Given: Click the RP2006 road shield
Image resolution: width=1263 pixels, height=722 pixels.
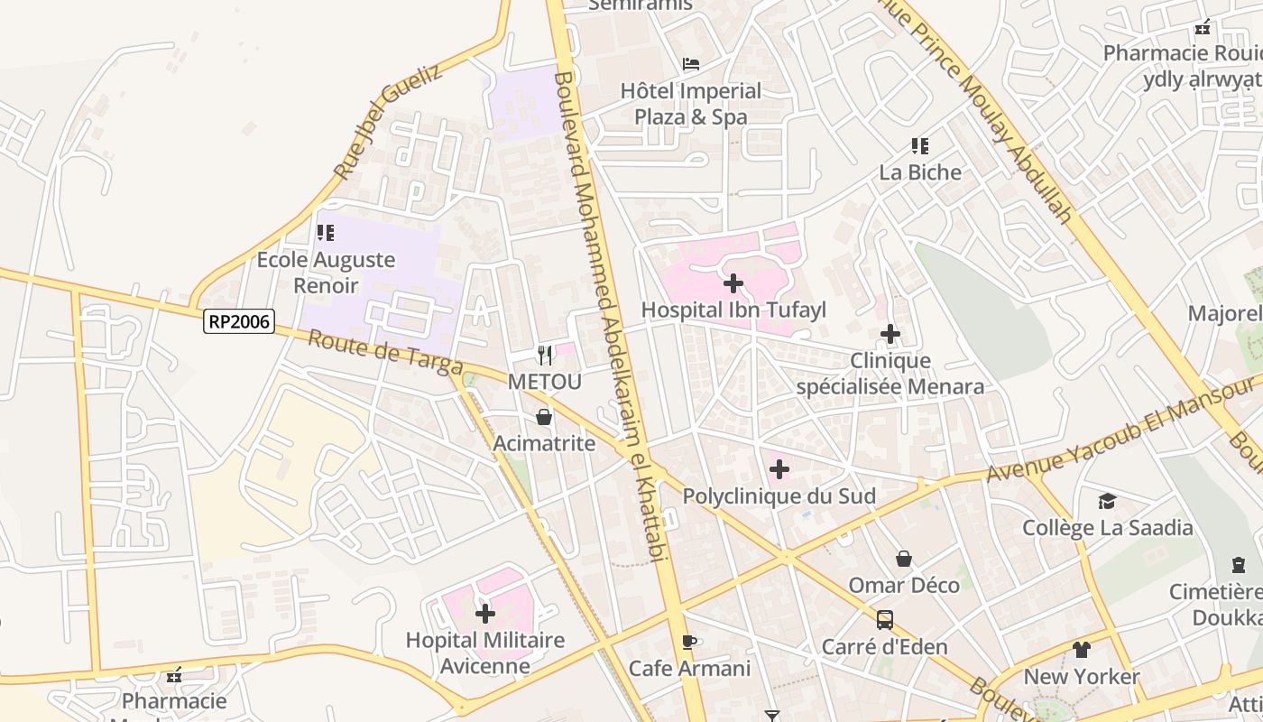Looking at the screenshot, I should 238,320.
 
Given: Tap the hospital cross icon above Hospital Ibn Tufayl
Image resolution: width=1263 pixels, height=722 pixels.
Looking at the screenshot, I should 733,283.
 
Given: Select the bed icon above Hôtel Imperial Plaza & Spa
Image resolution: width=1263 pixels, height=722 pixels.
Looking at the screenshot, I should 691,64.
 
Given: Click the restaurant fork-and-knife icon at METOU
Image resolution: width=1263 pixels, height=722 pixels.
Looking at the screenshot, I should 544,355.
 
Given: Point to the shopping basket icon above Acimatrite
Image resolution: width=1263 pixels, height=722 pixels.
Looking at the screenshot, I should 544,417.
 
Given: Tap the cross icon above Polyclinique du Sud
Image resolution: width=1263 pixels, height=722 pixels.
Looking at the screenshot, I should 779,469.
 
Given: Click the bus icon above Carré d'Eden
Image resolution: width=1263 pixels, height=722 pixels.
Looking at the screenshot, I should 885,620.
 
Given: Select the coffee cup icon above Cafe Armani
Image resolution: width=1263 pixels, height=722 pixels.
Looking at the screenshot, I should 690,642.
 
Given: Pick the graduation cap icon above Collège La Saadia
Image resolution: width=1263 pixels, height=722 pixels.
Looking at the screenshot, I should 1107,501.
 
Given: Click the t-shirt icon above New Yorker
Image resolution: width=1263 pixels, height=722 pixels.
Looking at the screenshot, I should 1082,649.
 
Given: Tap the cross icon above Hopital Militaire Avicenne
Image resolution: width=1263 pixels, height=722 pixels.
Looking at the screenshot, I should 485,614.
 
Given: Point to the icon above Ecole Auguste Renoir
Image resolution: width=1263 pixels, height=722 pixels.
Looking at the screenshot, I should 326,233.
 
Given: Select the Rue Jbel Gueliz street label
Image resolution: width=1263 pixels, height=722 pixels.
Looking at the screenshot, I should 388,121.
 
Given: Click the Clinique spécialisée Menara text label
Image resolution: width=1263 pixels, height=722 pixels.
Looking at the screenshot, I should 890,374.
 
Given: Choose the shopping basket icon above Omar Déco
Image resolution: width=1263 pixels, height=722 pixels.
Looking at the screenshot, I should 904,559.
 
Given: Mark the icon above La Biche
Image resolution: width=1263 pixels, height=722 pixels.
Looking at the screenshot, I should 920,145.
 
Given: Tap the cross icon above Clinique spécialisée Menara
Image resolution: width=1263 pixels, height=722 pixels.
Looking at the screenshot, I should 890,334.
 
